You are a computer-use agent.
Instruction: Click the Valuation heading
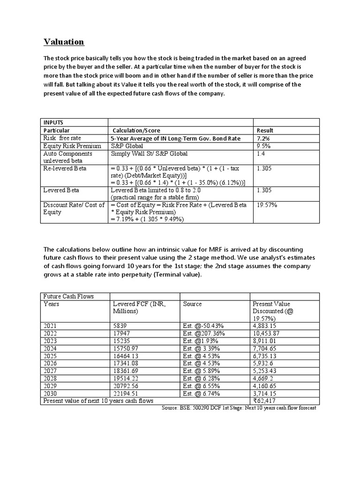(64, 42)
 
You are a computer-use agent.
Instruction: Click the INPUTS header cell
(53, 122)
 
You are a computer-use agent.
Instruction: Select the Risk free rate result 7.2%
(263, 139)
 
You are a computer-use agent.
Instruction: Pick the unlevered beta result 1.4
(261, 154)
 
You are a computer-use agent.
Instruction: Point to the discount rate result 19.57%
(267, 205)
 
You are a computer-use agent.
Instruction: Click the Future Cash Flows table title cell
(68, 296)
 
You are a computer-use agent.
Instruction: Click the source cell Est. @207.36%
(204, 333)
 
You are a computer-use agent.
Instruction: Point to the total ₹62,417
(265, 401)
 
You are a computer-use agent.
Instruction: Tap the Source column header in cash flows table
(192, 304)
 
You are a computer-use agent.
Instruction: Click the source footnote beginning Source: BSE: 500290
(239, 408)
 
